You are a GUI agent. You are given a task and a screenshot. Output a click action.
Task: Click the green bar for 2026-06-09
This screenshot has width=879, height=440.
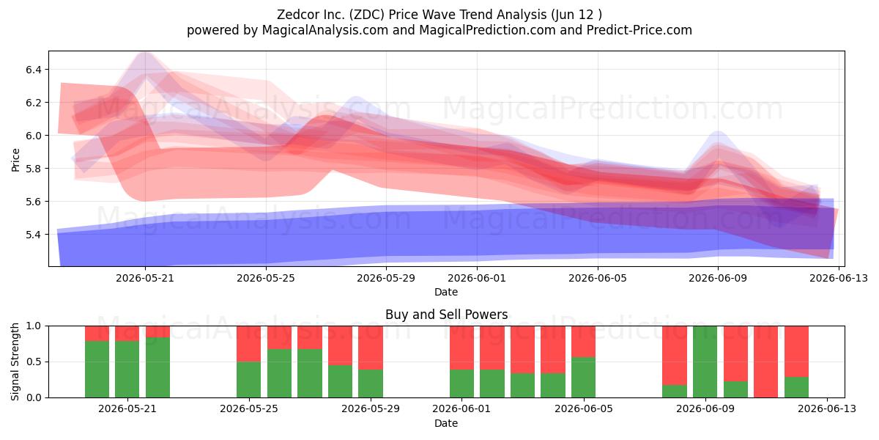pos(705,362)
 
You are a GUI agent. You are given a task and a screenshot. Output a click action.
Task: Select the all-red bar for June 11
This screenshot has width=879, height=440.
pos(765,362)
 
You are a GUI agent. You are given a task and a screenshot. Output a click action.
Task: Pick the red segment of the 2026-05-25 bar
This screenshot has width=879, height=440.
pos(249,344)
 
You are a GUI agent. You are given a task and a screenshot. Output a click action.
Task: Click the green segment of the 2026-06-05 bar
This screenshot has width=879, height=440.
pos(584,377)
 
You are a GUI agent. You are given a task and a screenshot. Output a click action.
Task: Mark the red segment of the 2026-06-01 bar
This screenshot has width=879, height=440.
pos(462,348)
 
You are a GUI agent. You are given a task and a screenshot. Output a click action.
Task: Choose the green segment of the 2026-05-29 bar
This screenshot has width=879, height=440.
pos(371,384)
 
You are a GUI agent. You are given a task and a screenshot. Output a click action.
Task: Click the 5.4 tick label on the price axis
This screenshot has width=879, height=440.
pos(34,235)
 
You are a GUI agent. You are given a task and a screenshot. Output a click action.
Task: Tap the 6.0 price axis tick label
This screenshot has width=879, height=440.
pos(34,136)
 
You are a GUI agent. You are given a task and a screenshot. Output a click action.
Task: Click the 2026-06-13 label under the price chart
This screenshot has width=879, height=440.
pos(839,278)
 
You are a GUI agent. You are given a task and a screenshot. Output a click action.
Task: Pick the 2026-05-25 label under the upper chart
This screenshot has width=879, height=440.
pos(266,278)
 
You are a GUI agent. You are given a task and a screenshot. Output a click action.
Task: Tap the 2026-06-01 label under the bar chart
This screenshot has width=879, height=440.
pos(461,408)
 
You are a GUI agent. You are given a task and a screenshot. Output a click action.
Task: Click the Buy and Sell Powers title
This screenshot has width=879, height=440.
pos(447,315)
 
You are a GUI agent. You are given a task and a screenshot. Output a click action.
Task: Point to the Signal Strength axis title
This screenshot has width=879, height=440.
pos(15,362)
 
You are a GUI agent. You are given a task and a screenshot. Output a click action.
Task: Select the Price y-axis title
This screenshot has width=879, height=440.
pos(15,160)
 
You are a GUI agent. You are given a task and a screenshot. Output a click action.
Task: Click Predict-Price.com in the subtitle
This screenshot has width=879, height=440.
pos(639,30)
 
